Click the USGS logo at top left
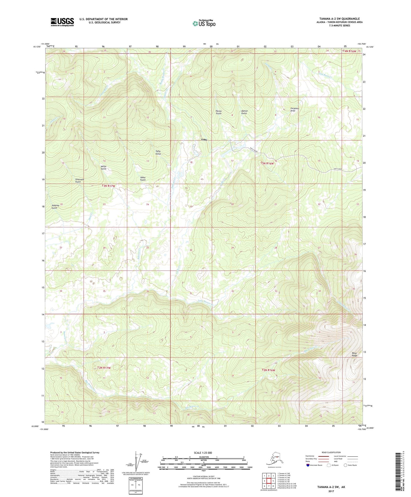pos(62,22)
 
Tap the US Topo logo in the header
pos(204,23)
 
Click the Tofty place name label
pos(204,140)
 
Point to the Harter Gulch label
pos(218,112)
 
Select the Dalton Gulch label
pos(244,112)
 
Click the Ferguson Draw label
pos(294,110)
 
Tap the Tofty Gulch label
pos(158,153)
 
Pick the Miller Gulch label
pos(104,168)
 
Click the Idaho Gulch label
pos(143,178)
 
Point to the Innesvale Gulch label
pos(78,180)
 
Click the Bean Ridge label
pos(354,354)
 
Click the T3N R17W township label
pos(108,186)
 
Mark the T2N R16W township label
pos(268,370)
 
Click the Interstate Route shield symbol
pos(308,465)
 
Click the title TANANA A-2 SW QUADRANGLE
pos(339,19)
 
